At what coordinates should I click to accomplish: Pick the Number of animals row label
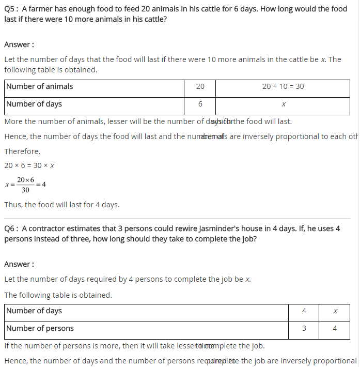40,86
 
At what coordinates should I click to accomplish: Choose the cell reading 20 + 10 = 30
283,87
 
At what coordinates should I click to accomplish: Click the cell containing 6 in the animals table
200,104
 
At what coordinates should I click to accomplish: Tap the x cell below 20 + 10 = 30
284,104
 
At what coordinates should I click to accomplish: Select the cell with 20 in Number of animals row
200,87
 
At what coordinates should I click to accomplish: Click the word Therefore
22,151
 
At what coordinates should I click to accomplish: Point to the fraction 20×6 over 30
25,185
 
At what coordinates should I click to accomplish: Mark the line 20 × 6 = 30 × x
29,165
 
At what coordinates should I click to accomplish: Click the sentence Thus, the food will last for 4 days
62,205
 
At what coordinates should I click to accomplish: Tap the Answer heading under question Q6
19,264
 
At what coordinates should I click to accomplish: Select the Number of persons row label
40,328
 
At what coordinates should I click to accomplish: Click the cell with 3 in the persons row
304,328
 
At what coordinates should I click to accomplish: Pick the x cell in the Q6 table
335,311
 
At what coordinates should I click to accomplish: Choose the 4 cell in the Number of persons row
335,328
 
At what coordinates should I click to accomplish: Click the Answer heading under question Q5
19,44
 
